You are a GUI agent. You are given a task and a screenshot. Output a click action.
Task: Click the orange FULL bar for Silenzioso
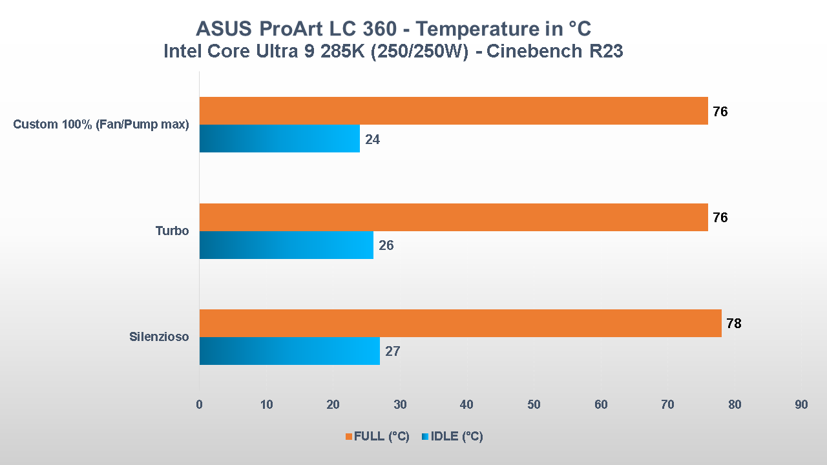click(460, 323)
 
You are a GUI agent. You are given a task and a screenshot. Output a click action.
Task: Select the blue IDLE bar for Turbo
click(286, 245)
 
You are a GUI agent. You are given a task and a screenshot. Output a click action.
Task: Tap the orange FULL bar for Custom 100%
click(454, 111)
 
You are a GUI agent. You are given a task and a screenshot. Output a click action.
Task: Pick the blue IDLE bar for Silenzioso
click(289, 351)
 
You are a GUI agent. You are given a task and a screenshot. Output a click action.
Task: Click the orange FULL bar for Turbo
click(454, 218)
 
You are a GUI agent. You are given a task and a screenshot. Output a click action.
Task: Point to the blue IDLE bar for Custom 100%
click(279, 139)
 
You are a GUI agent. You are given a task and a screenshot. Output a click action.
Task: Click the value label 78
click(733, 324)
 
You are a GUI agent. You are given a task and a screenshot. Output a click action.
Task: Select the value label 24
click(372, 139)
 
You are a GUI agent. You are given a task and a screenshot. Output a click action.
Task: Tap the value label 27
click(393, 352)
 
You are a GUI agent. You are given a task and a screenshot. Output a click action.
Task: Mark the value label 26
click(386, 246)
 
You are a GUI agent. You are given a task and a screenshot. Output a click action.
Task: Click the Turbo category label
click(172, 231)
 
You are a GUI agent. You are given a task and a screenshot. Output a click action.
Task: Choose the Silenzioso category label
click(159, 336)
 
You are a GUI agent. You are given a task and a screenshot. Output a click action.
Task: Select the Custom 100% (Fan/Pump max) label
click(101, 125)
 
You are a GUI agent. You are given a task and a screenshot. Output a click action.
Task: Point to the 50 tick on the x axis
click(534, 405)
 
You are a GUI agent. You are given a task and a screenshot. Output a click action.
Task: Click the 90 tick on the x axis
click(801, 405)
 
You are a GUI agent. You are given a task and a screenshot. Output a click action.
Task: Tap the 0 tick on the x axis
click(199, 405)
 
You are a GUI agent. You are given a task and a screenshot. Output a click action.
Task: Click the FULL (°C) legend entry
click(377, 437)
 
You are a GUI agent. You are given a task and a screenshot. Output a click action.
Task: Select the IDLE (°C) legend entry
click(452, 437)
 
